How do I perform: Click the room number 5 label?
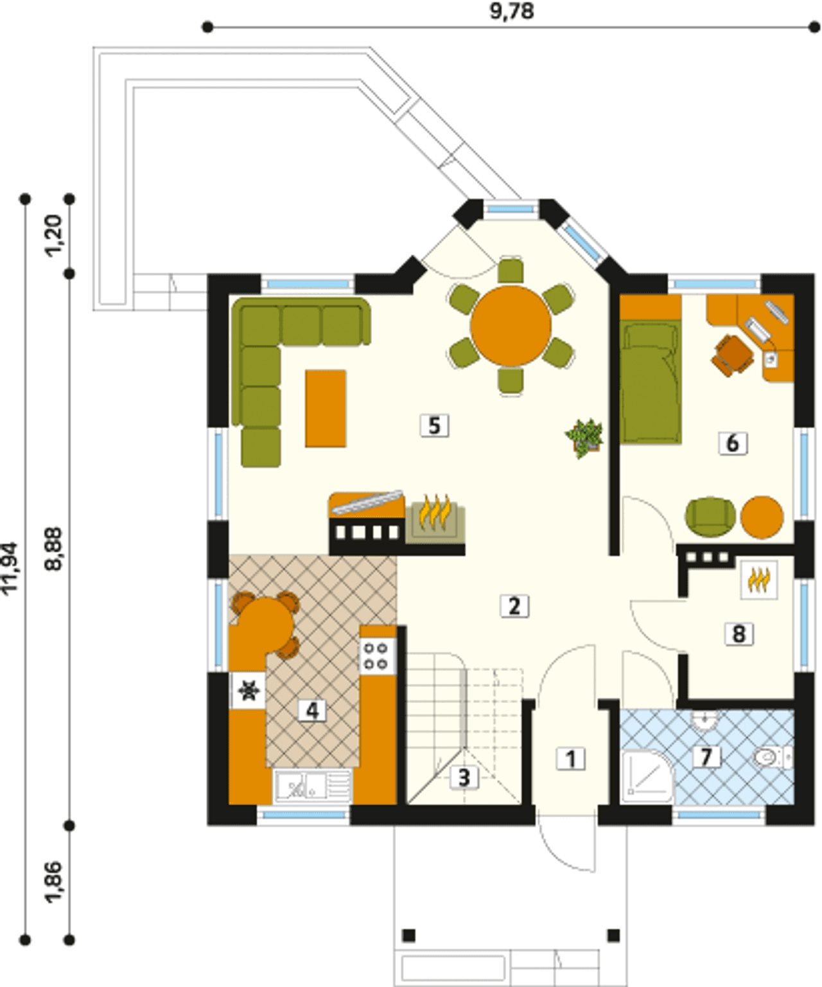[434, 425]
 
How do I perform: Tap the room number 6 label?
[733, 443]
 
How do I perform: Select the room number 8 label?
[739, 634]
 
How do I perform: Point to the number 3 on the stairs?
[464, 777]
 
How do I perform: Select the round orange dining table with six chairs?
[511, 326]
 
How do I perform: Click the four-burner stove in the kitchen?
[378, 657]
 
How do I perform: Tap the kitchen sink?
[313, 786]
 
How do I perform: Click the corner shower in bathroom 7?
[647, 776]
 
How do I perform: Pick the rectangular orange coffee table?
[326, 409]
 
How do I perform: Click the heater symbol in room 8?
[758, 580]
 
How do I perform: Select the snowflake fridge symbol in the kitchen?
[249, 691]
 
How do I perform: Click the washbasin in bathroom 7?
[704, 720]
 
